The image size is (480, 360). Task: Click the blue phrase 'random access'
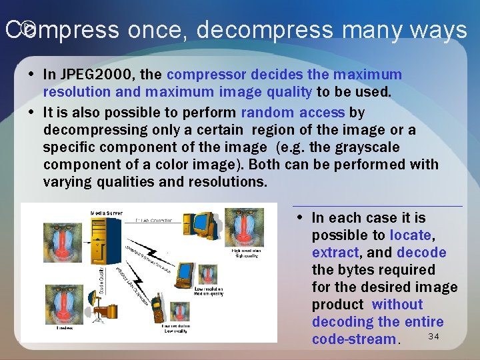point(293,112)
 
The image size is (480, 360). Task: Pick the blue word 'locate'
point(411,235)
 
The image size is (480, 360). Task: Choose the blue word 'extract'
point(335,252)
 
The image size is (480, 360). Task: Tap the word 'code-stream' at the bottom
point(353,339)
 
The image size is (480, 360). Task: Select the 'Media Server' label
point(106,213)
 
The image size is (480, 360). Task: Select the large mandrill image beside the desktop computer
point(244,227)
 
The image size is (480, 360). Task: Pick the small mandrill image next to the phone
point(179,311)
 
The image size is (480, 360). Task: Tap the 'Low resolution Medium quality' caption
point(209,291)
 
